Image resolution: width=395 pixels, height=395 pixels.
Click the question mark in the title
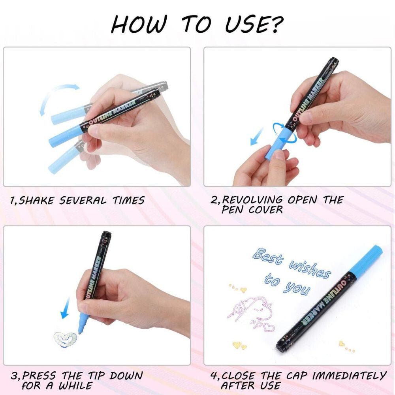(x=276, y=24)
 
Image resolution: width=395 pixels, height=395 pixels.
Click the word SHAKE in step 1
(x=36, y=201)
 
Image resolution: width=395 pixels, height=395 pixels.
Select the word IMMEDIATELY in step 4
(x=350, y=376)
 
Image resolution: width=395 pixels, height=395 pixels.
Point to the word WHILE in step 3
(x=75, y=386)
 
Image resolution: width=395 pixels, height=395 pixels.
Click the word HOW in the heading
(x=139, y=24)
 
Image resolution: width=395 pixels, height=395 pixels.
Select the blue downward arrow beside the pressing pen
(x=66, y=307)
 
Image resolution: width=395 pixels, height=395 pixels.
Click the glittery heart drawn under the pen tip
(x=65, y=339)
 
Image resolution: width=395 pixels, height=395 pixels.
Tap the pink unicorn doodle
(x=252, y=312)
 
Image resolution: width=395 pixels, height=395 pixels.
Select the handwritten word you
(x=297, y=289)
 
